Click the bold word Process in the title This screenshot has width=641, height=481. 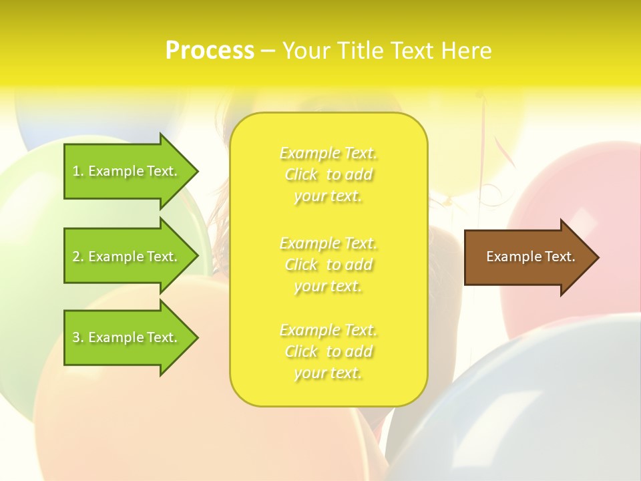pos(210,51)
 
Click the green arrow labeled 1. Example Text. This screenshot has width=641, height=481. pos(130,172)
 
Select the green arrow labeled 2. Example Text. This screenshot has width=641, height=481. pos(130,257)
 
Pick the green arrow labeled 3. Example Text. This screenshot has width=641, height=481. pos(130,337)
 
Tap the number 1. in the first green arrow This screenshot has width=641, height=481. pos(78,172)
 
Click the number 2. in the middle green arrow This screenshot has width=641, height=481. pos(78,257)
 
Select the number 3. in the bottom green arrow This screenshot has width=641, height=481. pos(78,337)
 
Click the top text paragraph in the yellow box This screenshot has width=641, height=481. pos(329,174)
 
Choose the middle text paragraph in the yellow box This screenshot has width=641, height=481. pos(329,265)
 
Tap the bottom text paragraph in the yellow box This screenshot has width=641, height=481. pos(329,351)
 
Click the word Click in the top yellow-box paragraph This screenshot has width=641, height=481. pos(301,175)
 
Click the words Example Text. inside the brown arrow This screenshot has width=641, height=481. pos(531,257)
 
